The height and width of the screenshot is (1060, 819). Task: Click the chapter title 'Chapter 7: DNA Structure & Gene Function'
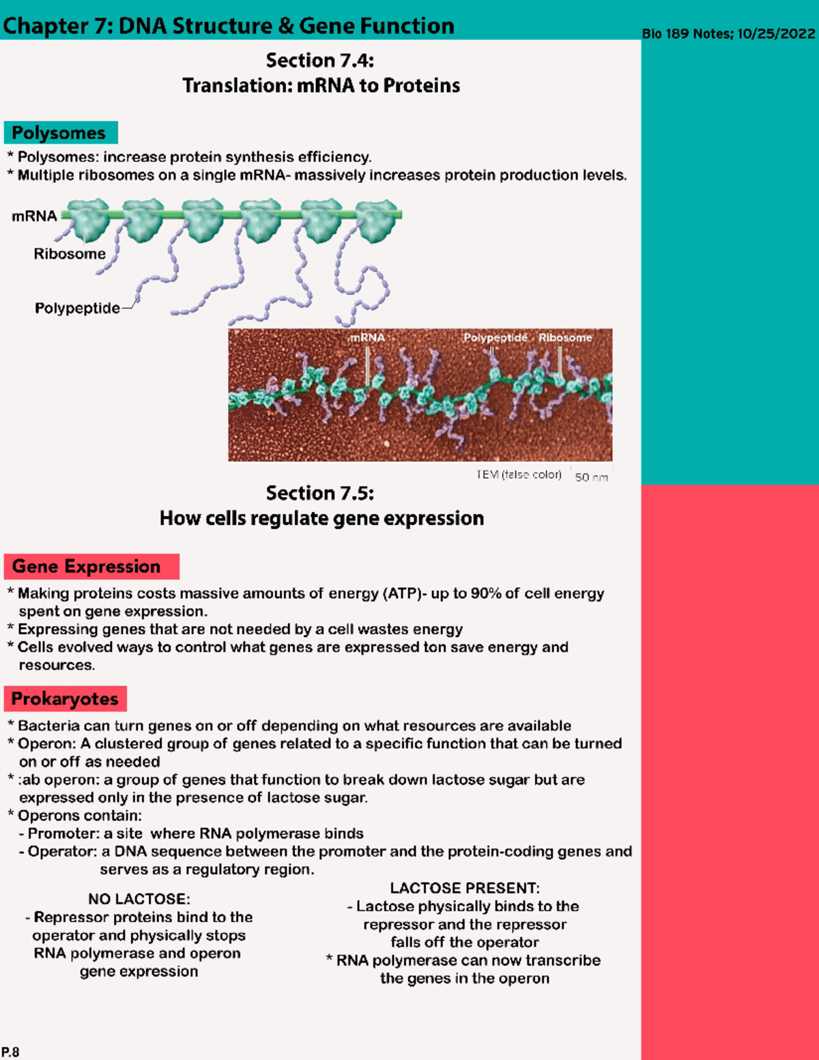(x=229, y=26)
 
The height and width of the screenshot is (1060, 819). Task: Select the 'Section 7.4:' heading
(x=320, y=61)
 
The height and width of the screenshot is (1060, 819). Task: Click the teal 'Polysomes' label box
(x=60, y=132)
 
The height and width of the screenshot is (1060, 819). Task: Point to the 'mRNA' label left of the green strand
(x=34, y=216)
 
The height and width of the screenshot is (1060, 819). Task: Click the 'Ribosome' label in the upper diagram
(x=70, y=254)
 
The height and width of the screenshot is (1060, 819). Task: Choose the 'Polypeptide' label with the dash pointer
(x=77, y=308)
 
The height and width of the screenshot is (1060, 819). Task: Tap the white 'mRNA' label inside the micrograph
(x=367, y=337)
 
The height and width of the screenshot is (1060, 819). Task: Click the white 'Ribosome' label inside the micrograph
(x=565, y=337)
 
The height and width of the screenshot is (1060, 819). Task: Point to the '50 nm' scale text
(x=591, y=477)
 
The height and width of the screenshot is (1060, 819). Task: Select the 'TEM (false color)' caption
(x=519, y=474)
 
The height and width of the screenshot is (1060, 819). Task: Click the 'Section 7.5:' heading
(x=320, y=493)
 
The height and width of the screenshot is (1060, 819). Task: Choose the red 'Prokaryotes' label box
(x=65, y=699)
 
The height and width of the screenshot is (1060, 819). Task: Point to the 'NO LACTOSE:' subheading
(x=139, y=899)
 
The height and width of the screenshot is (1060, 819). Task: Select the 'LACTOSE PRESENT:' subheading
(x=465, y=888)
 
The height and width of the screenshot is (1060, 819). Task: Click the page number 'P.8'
(x=10, y=1052)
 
